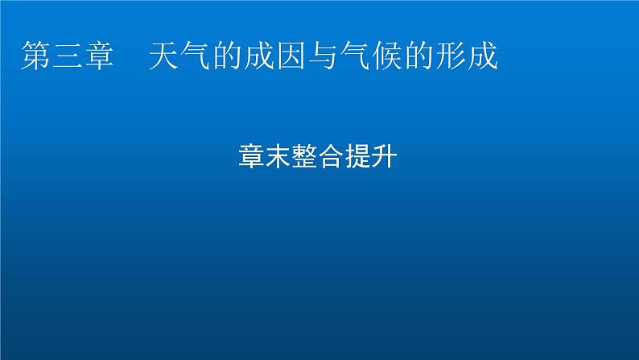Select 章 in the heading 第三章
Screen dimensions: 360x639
pyautogui.click(x=100, y=57)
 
